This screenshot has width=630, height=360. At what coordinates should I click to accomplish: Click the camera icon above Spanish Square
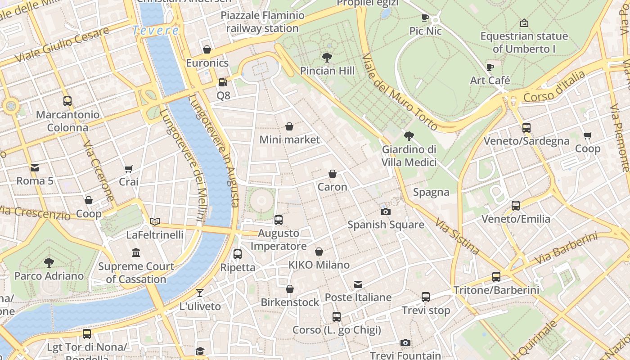[x=385, y=211]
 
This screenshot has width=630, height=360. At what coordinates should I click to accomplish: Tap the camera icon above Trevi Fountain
[x=405, y=343]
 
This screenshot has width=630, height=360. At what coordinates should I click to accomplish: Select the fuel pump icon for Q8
[x=223, y=82]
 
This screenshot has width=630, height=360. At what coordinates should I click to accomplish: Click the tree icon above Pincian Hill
[x=327, y=58]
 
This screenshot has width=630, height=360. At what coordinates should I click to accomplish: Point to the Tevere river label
[x=156, y=31]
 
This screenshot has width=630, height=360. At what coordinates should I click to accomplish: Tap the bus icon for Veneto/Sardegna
[x=526, y=127]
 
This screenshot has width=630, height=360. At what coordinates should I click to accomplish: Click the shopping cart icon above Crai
[x=129, y=169]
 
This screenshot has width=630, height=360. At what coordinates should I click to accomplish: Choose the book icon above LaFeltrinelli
[x=155, y=221]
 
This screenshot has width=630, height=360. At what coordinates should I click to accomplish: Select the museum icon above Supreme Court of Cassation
[x=136, y=252]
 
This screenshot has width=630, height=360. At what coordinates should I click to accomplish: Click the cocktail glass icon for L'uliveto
[x=200, y=293]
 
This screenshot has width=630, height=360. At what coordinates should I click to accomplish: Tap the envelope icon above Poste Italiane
[x=358, y=284]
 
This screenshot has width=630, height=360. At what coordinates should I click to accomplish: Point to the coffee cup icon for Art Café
[x=490, y=67]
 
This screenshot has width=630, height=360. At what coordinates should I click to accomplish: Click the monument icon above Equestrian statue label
[x=524, y=22]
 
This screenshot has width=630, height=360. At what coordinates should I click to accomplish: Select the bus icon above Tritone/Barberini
[x=496, y=276]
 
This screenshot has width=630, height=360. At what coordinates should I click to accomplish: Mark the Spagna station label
[x=431, y=192]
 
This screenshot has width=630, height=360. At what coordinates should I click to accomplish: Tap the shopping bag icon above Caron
[x=332, y=174]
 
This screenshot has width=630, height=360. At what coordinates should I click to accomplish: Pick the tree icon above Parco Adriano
[x=49, y=262]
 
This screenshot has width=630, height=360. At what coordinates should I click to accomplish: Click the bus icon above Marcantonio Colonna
[x=67, y=101]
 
